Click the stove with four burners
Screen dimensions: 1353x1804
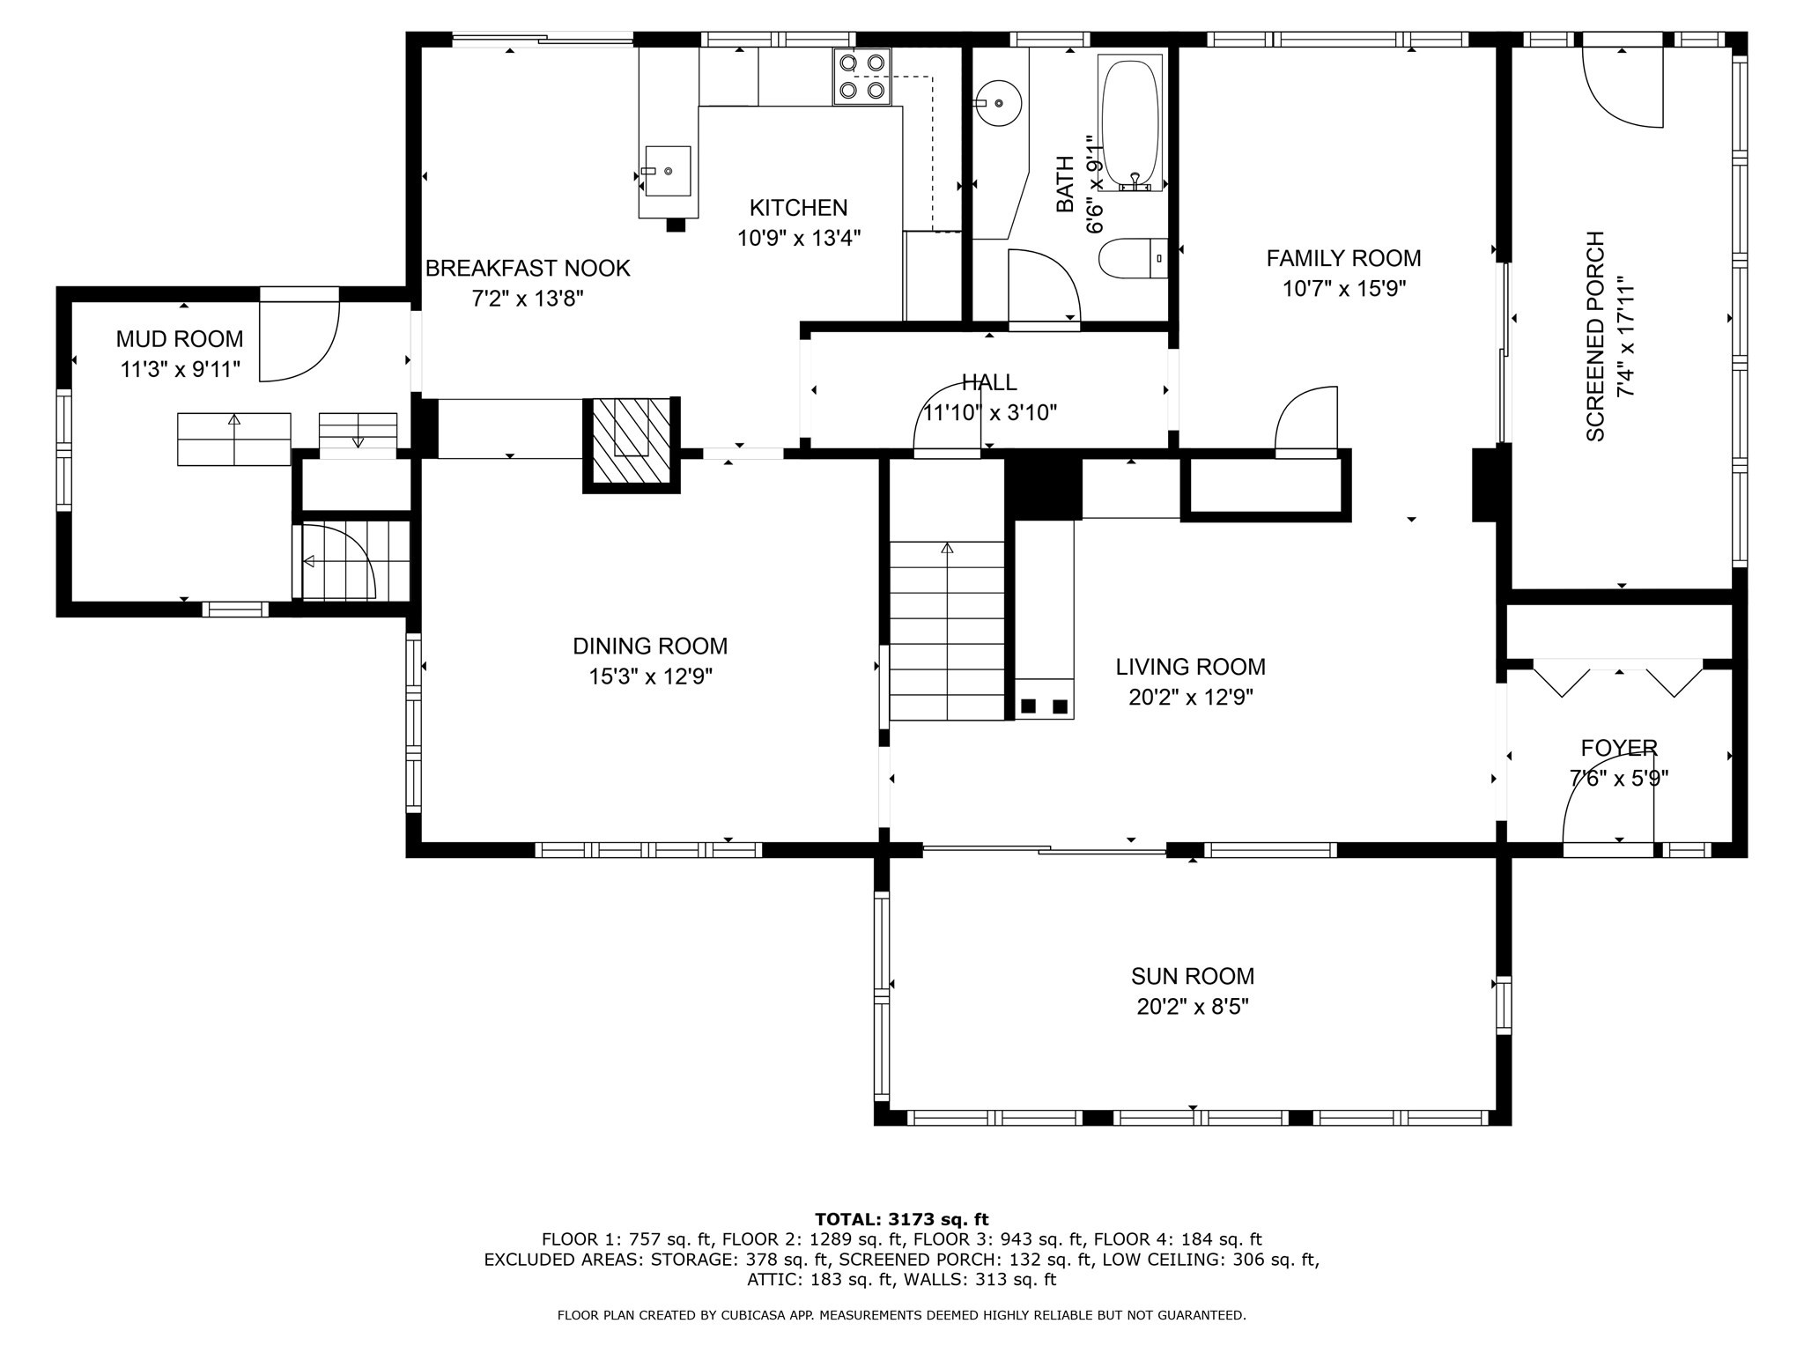(861, 77)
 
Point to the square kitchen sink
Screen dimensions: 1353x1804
(668, 171)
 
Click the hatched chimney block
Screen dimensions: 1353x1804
(631, 444)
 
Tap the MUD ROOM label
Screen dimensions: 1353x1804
(180, 339)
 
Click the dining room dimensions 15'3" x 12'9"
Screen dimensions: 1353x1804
(650, 676)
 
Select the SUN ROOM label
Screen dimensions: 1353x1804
(1193, 976)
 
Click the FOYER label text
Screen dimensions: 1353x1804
(1619, 749)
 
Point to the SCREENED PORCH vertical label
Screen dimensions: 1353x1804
(1595, 336)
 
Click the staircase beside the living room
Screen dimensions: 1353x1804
(947, 631)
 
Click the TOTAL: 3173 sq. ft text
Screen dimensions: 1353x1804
(901, 1220)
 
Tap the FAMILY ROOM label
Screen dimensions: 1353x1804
(1343, 258)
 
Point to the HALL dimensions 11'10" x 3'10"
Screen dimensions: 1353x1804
(989, 412)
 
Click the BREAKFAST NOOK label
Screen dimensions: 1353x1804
(528, 269)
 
